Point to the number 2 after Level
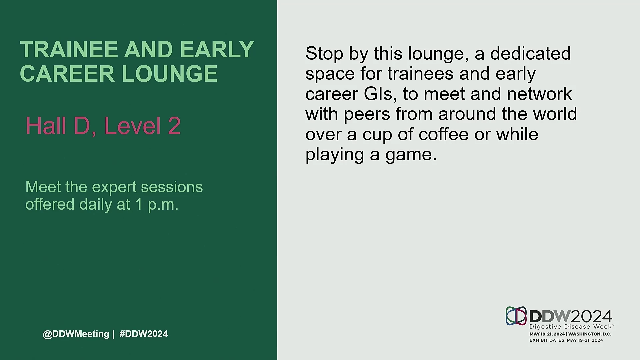(174, 126)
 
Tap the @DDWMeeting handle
(76, 334)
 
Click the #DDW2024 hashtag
(144, 334)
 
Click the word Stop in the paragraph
(324, 54)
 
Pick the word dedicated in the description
(530, 53)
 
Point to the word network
(539, 94)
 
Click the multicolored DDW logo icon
(516, 316)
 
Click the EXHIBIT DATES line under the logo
(566, 340)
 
